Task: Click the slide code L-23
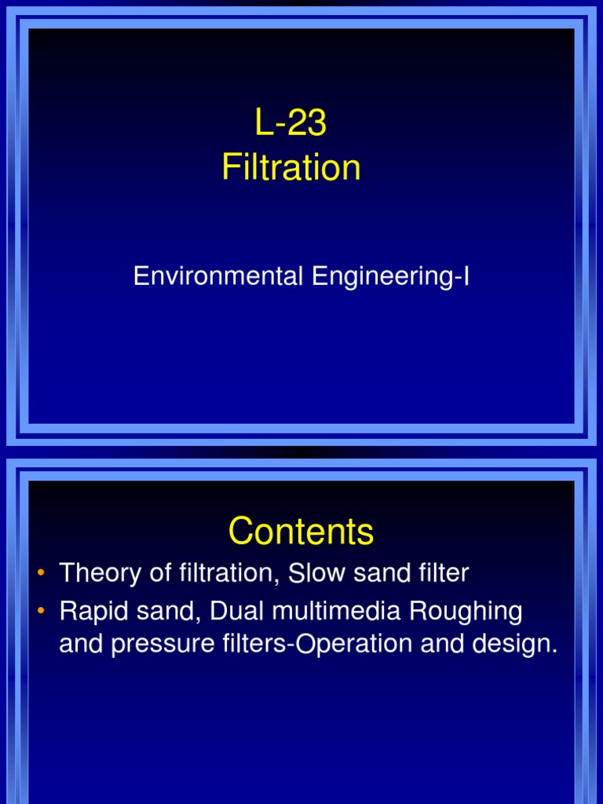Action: pos(291,123)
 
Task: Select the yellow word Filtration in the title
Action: pos(291,167)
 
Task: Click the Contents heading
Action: pos(301,532)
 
